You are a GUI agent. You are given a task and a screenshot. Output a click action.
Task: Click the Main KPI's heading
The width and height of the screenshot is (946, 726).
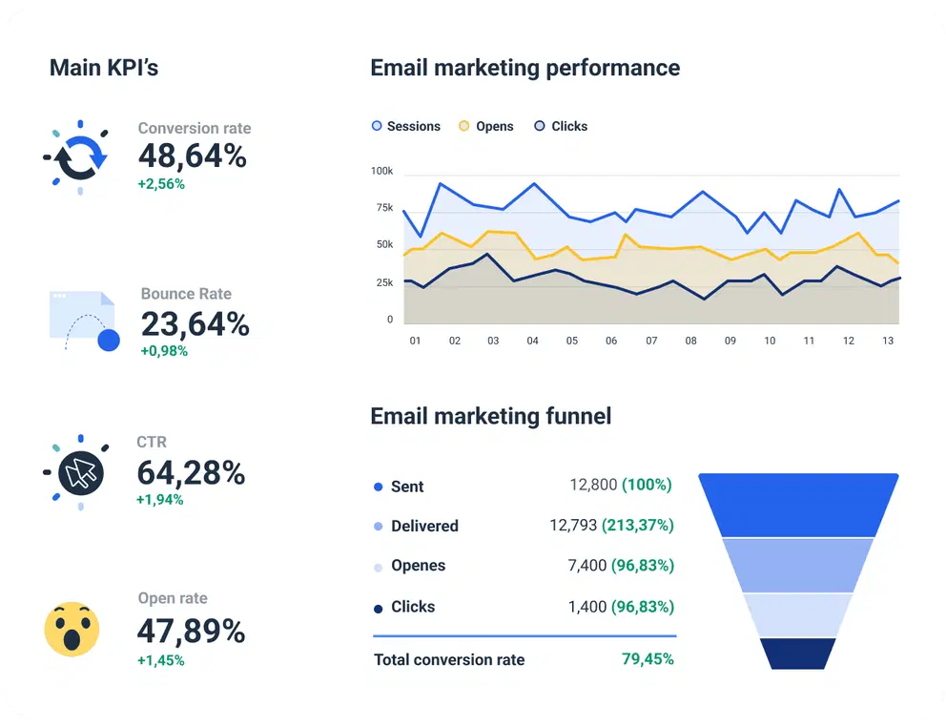104,68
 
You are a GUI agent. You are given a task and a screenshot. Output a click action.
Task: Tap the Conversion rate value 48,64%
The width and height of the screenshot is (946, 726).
193,156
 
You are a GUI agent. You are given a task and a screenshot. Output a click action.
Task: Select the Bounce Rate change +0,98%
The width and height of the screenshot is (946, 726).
164,351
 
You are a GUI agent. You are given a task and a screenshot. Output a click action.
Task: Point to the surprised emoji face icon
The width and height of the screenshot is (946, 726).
72,629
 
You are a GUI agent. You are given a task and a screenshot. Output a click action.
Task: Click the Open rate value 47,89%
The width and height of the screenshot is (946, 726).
191,631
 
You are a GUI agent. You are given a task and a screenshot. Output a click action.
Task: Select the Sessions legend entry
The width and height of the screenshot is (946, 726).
406,126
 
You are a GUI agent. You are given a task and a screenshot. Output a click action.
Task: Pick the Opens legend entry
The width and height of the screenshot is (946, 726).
486,126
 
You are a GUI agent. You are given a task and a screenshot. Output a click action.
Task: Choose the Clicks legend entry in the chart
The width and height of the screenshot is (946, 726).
561,126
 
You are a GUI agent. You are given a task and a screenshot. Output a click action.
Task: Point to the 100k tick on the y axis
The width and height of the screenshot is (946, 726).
381,171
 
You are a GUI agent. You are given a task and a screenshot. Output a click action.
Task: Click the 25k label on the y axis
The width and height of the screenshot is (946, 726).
383,282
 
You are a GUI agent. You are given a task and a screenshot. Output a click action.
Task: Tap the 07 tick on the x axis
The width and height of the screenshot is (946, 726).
651,341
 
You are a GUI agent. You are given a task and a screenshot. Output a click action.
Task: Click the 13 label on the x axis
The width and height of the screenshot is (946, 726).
888,341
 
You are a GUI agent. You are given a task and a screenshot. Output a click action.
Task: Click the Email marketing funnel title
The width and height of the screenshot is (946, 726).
490,416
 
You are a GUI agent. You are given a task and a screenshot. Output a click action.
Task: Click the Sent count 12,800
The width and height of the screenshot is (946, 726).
593,486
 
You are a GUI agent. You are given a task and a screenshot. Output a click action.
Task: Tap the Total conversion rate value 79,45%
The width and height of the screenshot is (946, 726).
648,659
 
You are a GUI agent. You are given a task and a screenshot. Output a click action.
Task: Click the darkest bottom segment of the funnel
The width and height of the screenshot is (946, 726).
798,653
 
